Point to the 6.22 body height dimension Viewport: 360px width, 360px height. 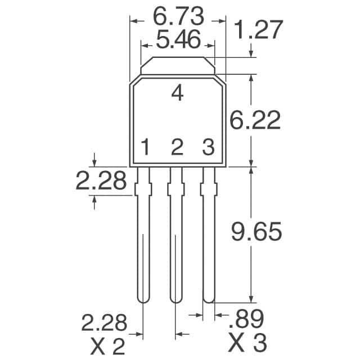click(256, 120)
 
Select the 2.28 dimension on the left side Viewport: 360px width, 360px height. click(101, 181)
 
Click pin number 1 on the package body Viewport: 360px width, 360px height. click(145, 148)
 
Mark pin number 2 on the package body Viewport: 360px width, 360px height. click(177, 148)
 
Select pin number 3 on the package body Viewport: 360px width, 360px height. click(209, 148)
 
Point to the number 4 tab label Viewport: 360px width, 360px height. click(177, 93)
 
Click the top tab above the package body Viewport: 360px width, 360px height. click(177, 66)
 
